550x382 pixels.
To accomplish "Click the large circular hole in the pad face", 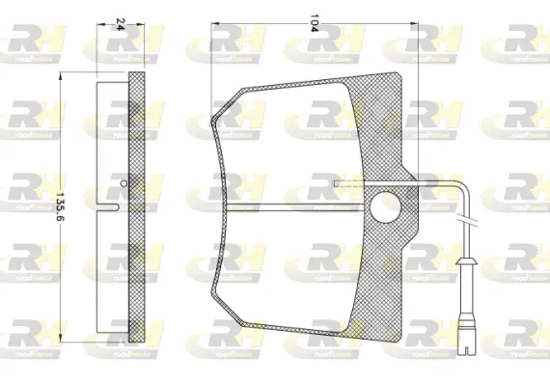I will pyautogui.click(x=387, y=205).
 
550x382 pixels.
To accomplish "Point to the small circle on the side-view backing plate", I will pyautogui.click(x=122, y=181).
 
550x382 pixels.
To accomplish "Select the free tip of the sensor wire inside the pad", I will pyautogui.click(x=335, y=181).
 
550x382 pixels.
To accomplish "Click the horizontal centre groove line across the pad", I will pyautogui.click(x=289, y=205).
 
